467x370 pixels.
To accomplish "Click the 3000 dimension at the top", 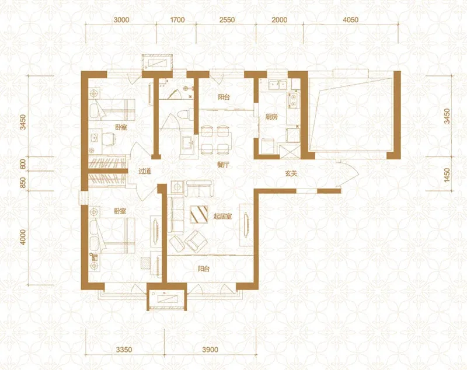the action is click(x=121, y=20).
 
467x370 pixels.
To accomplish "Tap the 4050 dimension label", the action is click(x=351, y=20).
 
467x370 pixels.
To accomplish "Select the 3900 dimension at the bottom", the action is click(x=210, y=350).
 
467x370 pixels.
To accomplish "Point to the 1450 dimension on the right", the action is click(x=447, y=176).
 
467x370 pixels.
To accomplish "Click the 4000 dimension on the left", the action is click(x=23, y=238).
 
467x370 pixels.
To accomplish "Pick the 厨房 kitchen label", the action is click(x=271, y=117).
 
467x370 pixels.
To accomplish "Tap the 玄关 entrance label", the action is click(x=291, y=173).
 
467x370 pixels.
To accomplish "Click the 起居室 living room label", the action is click(x=222, y=217).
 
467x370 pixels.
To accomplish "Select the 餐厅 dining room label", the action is click(x=223, y=165).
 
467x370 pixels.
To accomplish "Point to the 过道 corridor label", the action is click(x=145, y=172).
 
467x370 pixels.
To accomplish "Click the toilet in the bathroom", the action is click(x=184, y=115).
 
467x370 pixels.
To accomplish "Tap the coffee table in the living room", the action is click(x=199, y=214).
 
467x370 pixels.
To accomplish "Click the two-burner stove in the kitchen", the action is click(x=294, y=100).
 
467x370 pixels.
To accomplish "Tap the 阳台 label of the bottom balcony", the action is click(x=204, y=269).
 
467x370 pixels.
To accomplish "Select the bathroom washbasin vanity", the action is click(x=189, y=144).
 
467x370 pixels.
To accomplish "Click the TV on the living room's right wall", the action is click(x=246, y=225).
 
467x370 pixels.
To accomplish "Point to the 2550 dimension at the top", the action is click(x=227, y=20).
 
